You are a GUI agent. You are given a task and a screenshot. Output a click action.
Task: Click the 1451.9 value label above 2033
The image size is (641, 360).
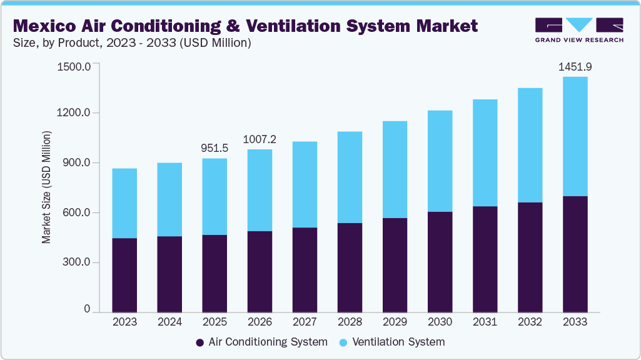pyautogui.click(x=575, y=66)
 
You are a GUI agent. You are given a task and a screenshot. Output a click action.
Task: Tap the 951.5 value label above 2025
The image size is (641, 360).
pyautogui.click(x=215, y=148)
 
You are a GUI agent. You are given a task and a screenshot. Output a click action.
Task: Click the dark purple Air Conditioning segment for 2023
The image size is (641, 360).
pyautogui.click(x=124, y=274)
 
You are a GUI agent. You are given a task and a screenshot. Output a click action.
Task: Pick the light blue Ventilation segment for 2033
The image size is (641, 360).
pyautogui.click(x=575, y=136)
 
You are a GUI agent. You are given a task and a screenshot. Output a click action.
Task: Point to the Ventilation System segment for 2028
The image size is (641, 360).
pyautogui.click(x=350, y=177)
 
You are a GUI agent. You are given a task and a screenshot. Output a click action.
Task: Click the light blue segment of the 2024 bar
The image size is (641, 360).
pyautogui.click(x=169, y=199)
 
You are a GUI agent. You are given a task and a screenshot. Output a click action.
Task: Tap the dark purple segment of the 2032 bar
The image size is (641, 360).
pyautogui.click(x=530, y=256)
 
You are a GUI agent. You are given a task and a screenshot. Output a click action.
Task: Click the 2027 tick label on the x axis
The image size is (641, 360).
pyautogui.click(x=305, y=322)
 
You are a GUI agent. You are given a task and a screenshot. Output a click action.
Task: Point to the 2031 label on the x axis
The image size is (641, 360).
pyautogui.click(x=485, y=322)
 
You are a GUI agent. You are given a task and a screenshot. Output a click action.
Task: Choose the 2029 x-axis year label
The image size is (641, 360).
pyautogui.click(x=395, y=322)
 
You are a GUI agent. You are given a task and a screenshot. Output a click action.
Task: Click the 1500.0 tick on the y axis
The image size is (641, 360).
pyautogui.click(x=74, y=66)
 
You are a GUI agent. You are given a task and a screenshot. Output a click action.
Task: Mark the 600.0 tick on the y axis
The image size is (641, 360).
pyautogui.click(x=77, y=212)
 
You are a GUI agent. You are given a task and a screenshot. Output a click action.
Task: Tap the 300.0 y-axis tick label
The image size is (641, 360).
pyautogui.click(x=77, y=262)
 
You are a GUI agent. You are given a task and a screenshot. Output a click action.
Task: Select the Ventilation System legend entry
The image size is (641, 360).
pyautogui.click(x=392, y=342)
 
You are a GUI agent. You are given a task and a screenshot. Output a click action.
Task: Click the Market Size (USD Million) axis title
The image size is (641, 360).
pyautogui.click(x=46, y=187)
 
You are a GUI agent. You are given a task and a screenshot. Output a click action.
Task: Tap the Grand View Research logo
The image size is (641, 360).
pyautogui.click(x=579, y=30)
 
